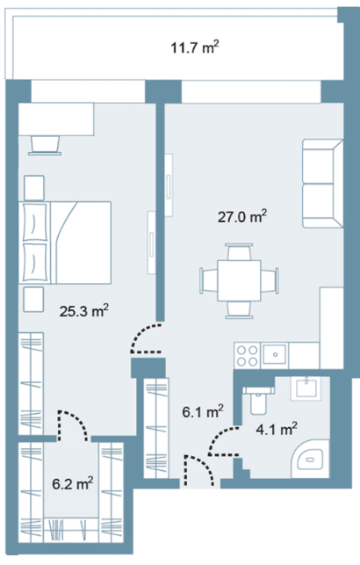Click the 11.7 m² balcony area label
click(x=195, y=47)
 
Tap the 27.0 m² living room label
click(x=242, y=217)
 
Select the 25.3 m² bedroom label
click(x=84, y=310)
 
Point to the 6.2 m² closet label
click(x=73, y=483)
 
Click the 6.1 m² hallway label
click(x=203, y=411)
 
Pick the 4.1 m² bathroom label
click(x=277, y=429)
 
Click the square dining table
click(x=239, y=280)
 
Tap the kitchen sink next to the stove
click(x=275, y=355)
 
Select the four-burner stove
click(x=248, y=355)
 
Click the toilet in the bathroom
click(x=258, y=399)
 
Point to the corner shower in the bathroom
click(x=311, y=459)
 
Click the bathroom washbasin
click(x=306, y=388)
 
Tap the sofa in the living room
click(x=322, y=184)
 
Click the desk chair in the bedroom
click(x=45, y=145)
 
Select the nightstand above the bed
click(x=34, y=188)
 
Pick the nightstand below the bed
click(x=33, y=300)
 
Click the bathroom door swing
click(x=223, y=441)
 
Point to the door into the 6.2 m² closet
click(x=73, y=425)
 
